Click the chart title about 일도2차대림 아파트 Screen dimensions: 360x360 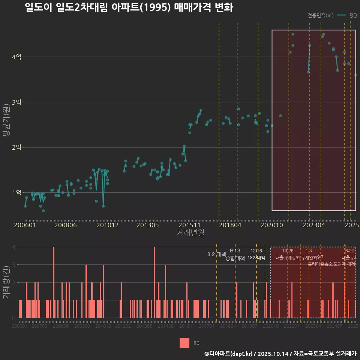(129, 7)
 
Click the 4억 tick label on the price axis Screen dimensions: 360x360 (16, 57)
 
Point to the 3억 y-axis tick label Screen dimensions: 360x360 (16, 102)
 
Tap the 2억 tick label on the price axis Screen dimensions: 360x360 (16, 147)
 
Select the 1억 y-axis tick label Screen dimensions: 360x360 (16, 193)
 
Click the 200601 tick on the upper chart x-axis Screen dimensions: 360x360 (25, 225)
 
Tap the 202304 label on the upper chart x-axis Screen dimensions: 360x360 (310, 225)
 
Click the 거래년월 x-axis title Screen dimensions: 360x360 (190, 233)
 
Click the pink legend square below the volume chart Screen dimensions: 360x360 (184, 343)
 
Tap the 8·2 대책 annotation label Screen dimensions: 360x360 (214, 254)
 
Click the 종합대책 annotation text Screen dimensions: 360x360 (235, 258)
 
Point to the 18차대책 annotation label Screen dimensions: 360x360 (256, 258)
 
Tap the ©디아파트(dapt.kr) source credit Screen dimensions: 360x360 (229, 354)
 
